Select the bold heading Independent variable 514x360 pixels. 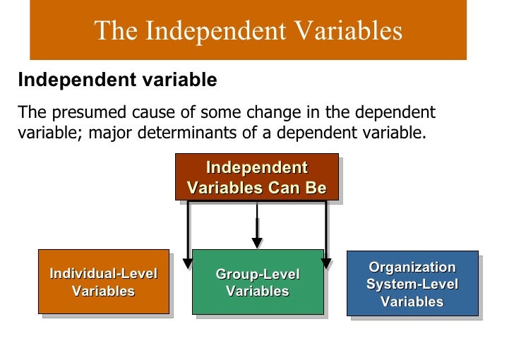pos(117,80)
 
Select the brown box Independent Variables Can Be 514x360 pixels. pos(256,177)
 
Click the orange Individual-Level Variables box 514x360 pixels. pos(103,282)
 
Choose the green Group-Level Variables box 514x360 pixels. pos(257,282)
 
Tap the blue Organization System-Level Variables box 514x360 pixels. pos(412,283)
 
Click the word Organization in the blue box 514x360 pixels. pos(412,268)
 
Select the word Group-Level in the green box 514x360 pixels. pos(257,274)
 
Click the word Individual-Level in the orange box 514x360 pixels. pos(103,274)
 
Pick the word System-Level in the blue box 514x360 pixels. pos(412,284)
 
